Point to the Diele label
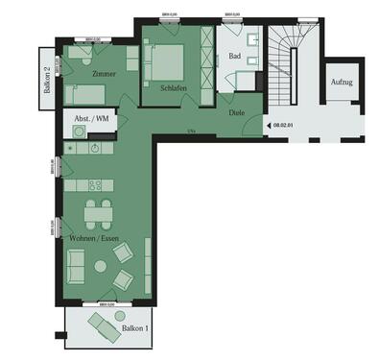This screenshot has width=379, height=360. [x=237, y=112]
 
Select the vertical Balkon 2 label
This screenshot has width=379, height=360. [x=47, y=79]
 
